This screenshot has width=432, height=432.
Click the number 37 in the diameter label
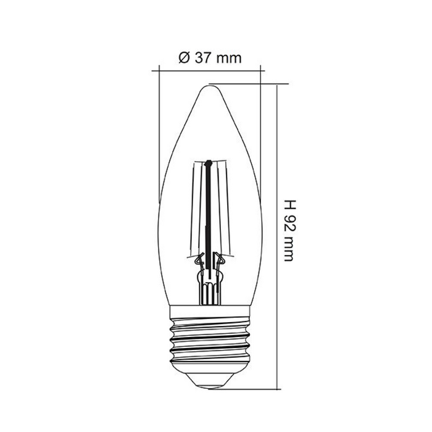203,58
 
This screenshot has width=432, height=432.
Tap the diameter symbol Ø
185,58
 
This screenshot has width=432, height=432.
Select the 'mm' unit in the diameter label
229,59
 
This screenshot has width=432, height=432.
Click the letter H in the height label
289,206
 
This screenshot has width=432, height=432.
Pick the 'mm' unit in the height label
288,249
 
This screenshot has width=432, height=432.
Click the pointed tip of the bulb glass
210,86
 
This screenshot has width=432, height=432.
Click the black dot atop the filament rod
209,163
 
